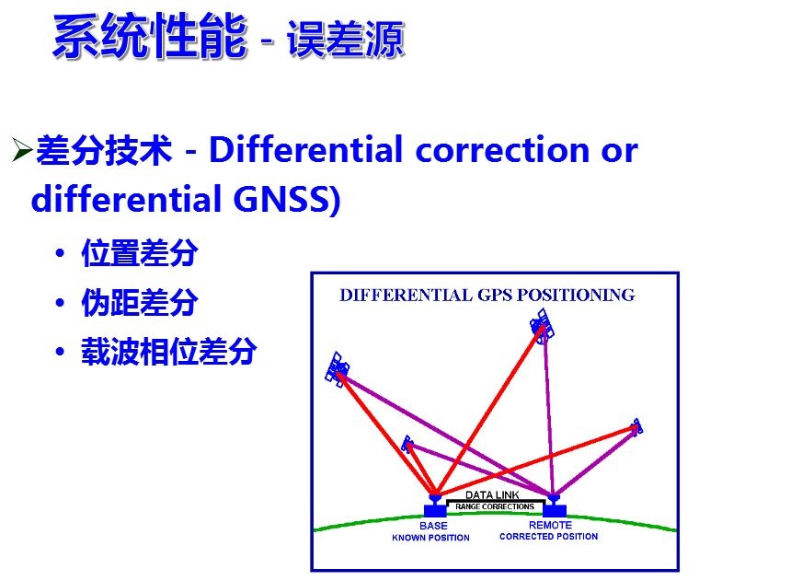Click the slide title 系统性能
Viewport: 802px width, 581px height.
(x=151, y=36)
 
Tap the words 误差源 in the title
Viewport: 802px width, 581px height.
(x=345, y=39)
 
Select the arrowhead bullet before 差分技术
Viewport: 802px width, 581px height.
(x=22, y=150)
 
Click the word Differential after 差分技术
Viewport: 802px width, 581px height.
(x=306, y=150)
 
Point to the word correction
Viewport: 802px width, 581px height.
(x=502, y=150)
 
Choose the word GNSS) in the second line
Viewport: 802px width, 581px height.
(x=287, y=199)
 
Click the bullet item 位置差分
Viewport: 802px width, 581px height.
(x=140, y=253)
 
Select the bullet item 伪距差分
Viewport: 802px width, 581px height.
(x=140, y=303)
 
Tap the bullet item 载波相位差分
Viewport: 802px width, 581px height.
(x=169, y=352)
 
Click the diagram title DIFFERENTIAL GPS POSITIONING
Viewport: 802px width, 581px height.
(x=487, y=296)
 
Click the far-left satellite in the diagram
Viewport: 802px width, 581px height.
(x=338, y=369)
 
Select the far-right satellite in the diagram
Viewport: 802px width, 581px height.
(x=636, y=427)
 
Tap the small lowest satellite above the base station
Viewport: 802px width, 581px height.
(x=407, y=445)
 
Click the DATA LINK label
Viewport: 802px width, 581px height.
(x=492, y=495)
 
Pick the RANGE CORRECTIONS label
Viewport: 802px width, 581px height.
(x=495, y=506)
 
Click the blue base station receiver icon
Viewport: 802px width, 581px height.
(x=435, y=505)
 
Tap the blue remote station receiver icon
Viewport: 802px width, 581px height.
(x=555, y=505)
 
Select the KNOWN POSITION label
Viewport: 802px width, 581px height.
(x=430, y=538)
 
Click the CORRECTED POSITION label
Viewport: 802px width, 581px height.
(x=549, y=537)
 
